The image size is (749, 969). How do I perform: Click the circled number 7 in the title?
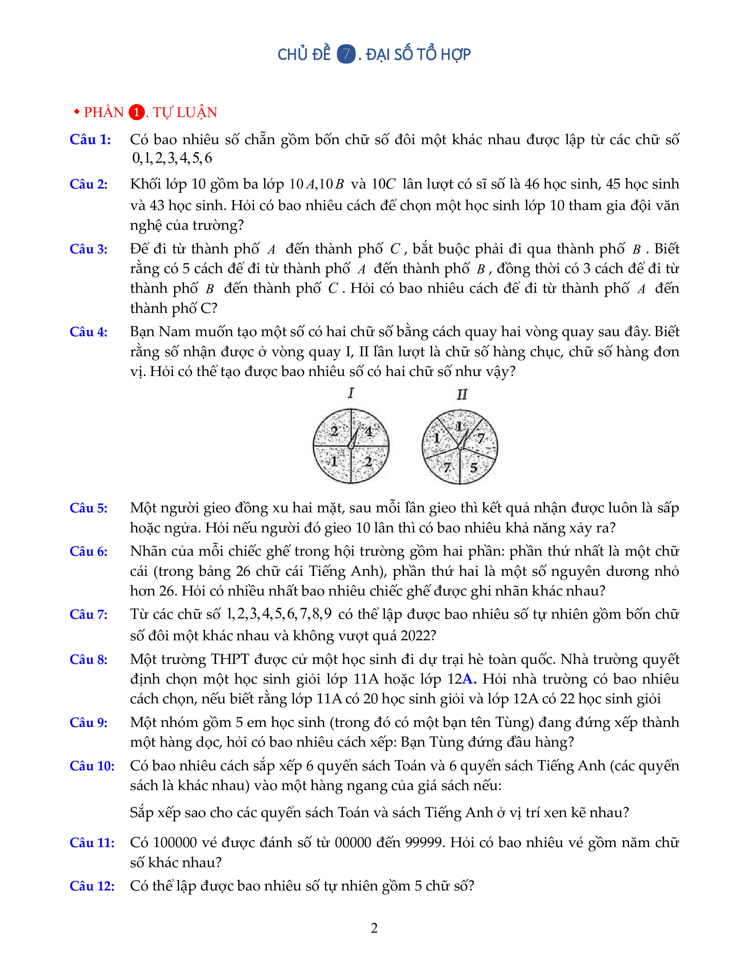pos(346,55)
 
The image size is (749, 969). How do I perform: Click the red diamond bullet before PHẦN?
pos(77,111)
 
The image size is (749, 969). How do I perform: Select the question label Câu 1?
pos(90,140)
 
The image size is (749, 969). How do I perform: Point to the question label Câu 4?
pos(88,332)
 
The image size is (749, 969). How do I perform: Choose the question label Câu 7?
pos(88,615)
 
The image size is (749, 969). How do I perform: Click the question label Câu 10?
pos(92,766)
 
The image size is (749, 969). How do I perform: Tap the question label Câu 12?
pos(92,886)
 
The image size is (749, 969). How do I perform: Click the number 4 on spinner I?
pos(369,432)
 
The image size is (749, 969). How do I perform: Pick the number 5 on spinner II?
pos(473,468)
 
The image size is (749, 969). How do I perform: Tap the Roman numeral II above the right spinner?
pos(462,394)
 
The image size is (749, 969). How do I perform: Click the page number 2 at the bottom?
pos(374,928)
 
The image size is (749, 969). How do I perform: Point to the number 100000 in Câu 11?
pos(175,843)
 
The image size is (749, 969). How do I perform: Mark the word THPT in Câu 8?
pos(230,659)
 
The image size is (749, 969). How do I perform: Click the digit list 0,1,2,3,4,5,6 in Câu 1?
pos(172,158)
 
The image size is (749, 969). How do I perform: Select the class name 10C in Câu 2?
pos(383,184)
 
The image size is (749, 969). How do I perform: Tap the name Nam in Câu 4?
pos(174,332)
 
